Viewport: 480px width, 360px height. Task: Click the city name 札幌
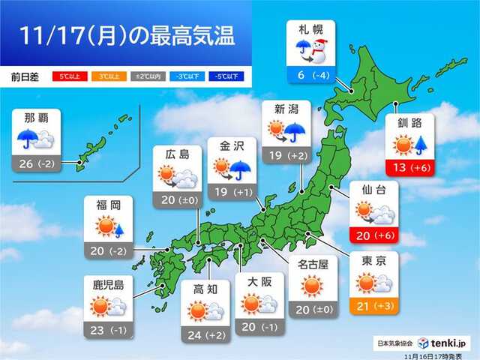click(x=310, y=30)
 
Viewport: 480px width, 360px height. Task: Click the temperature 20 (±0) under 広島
click(x=177, y=199)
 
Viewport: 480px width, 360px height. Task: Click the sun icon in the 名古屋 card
click(x=311, y=285)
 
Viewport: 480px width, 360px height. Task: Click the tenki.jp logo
click(x=439, y=341)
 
